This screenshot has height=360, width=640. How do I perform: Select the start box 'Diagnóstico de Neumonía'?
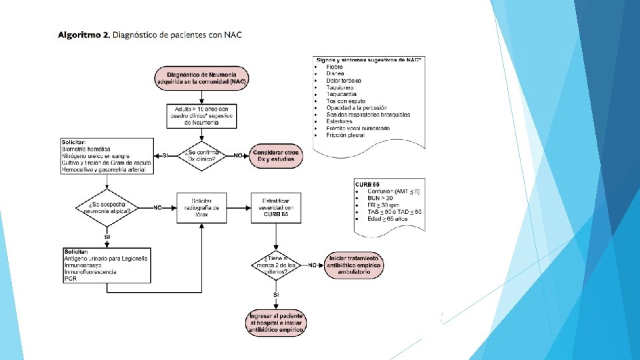tap(201, 77)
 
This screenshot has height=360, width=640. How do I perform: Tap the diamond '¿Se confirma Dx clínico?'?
tap(201, 155)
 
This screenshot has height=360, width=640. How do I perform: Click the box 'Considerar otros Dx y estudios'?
tap(276, 155)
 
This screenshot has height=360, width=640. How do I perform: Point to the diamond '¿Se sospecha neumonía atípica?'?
tap(107, 207)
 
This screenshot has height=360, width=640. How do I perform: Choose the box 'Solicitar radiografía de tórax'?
tap(201, 207)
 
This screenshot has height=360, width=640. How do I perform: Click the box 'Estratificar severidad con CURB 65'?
tap(276, 207)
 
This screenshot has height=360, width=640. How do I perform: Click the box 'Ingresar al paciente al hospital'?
tap(276, 321)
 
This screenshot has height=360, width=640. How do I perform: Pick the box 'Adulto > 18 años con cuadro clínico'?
tap(201, 115)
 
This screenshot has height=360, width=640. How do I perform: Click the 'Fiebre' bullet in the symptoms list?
tap(335, 67)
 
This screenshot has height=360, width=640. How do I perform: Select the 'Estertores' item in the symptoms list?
tap(339, 121)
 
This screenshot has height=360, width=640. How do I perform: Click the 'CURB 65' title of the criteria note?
tap(368, 184)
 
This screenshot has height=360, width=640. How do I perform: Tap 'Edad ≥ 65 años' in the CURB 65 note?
tap(387, 218)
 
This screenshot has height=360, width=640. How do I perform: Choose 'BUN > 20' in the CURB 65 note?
tap(381, 198)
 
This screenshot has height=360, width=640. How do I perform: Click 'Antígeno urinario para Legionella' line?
tap(107, 258)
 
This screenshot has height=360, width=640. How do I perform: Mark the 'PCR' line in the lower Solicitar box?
tap(71, 279)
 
